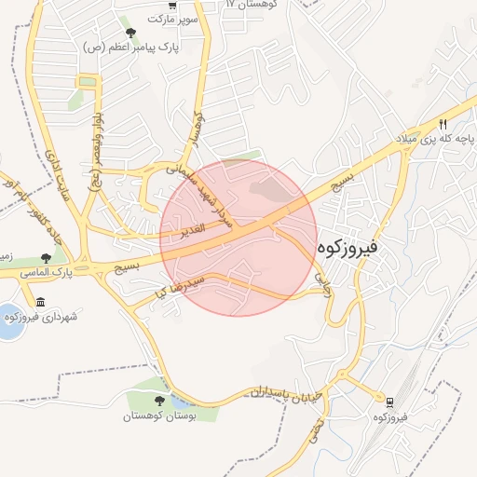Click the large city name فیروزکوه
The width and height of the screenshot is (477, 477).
(347, 249)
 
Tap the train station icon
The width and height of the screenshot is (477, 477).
(390, 402)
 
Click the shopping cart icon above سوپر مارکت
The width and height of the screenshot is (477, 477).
(172, 5)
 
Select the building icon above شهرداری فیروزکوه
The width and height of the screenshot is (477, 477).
(40, 302)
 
